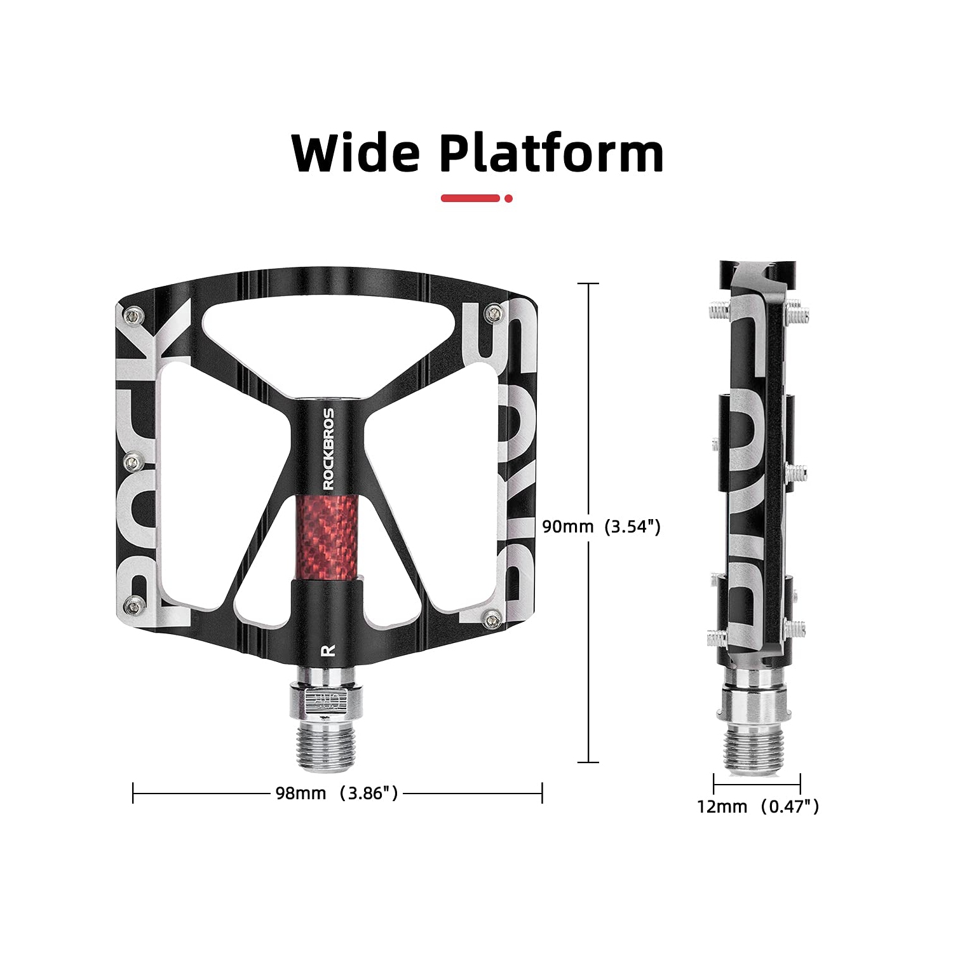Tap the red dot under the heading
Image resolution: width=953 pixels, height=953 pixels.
coord(508,198)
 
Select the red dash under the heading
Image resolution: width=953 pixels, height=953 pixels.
coord(470,198)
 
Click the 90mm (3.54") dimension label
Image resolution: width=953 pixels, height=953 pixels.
coord(601,527)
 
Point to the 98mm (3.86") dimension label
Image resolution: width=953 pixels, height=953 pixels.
coord(337,793)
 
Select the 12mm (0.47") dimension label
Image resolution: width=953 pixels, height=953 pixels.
coord(758,807)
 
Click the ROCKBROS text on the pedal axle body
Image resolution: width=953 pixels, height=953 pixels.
coord(328,449)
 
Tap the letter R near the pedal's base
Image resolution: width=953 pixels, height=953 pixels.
coord(328,650)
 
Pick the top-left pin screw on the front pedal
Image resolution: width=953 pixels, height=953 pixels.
coord(133,313)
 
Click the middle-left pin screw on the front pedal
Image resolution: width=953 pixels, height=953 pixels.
coord(133,458)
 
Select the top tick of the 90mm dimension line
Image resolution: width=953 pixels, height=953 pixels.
coord(588,283)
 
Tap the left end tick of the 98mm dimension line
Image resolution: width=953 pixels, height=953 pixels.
coord(133,793)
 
